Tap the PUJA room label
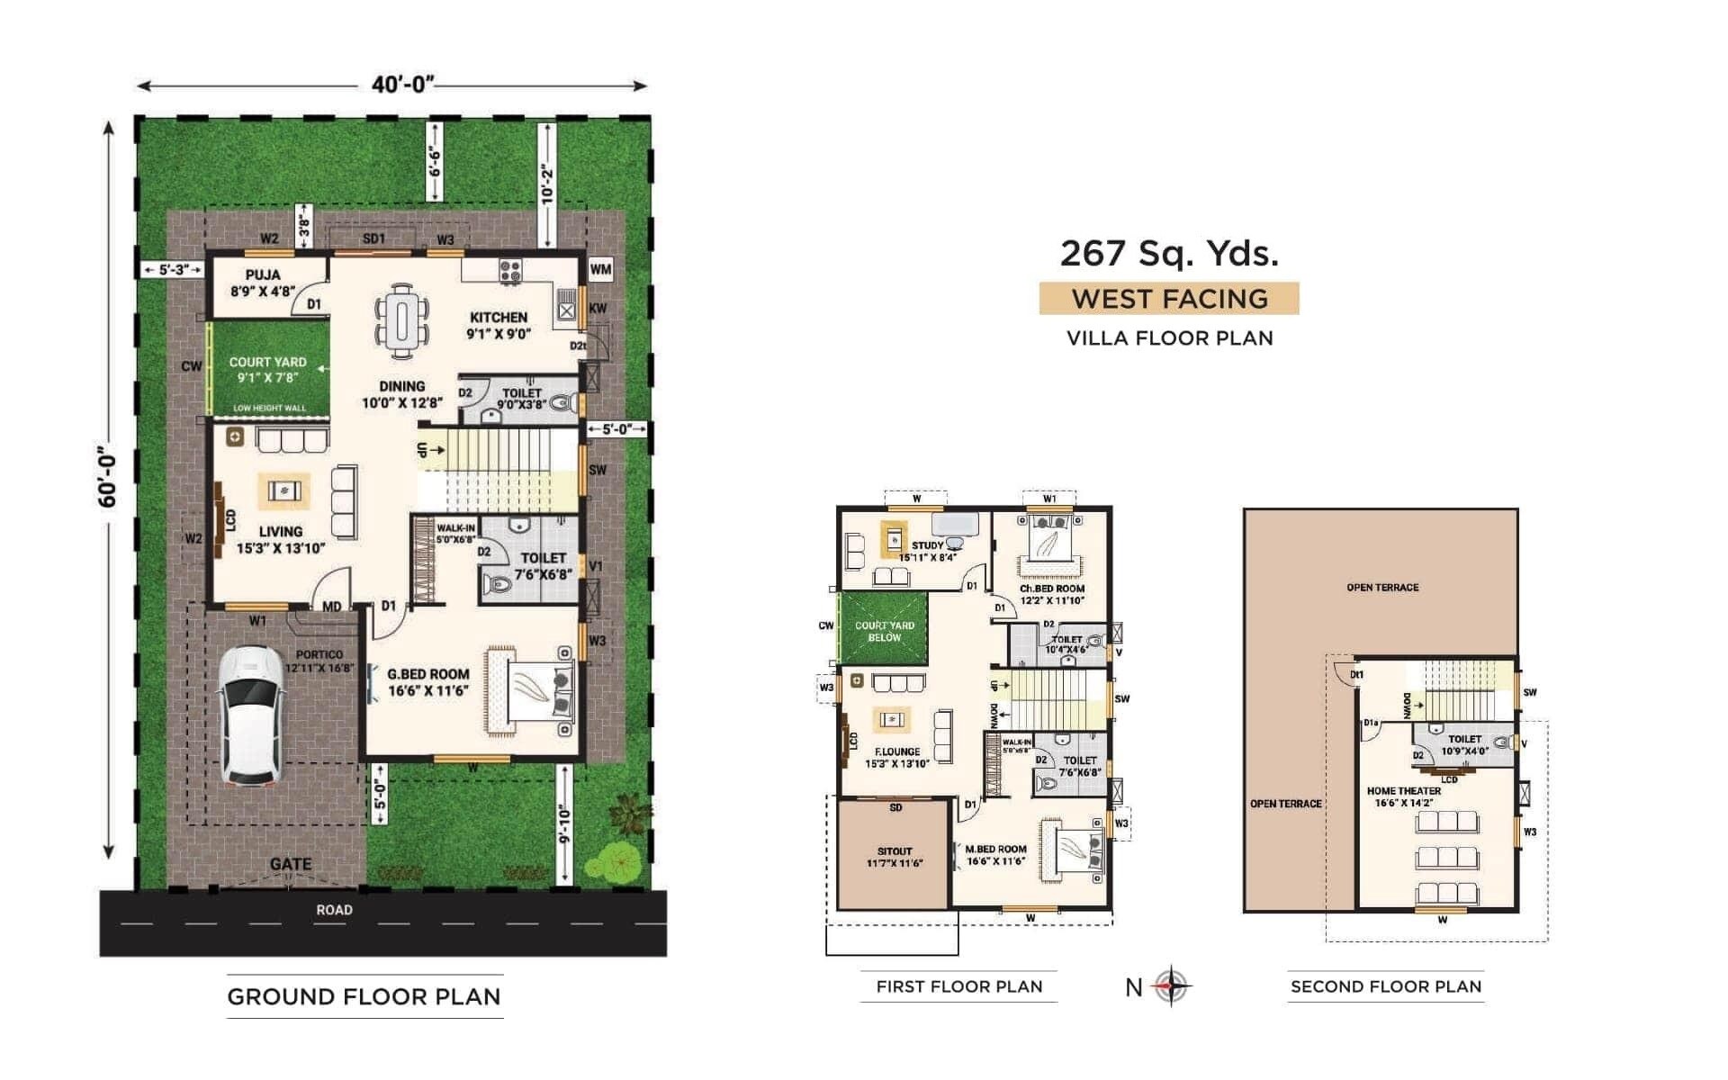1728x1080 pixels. click(x=263, y=274)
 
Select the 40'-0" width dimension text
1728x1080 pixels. click(x=403, y=85)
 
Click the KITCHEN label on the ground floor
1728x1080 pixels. click(x=499, y=318)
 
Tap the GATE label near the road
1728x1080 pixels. click(x=291, y=864)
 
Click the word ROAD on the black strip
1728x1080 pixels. click(x=334, y=910)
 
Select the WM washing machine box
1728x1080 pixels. click(x=600, y=269)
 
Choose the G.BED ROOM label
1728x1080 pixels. click(x=428, y=674)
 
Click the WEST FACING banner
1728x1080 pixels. click(x=1169, y=299)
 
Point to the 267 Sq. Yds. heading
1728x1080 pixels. click(x=1169, y=254)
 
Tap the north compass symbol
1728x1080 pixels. click(x=1171, y=986)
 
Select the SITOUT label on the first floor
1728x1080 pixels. click(x=895, y=851)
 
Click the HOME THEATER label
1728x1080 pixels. click(x=1404, y=791)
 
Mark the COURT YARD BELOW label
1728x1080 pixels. click(x=885, y=631)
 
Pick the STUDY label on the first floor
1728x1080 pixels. click(x=927, y=545)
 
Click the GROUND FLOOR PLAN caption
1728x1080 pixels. click(x=364, y=997)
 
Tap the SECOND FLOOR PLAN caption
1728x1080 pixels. click(x=1386, y=986)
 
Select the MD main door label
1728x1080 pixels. click(x=331, y=607)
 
